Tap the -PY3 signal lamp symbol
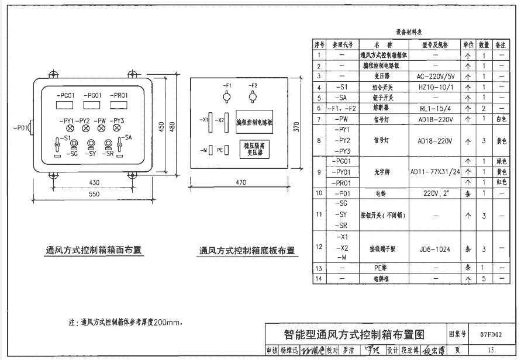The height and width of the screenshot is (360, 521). (x=120, y=127)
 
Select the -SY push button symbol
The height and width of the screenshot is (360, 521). (x=91, y=143)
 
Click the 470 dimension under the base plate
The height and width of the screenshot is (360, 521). (x=240, y=183)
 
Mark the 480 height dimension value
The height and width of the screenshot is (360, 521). (x=171, y=127)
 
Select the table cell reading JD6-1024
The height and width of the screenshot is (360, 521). (x=434, y=249)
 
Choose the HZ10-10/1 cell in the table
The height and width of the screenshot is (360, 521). (x=434, y=86)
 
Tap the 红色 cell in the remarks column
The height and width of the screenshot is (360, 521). (x=501, y=182)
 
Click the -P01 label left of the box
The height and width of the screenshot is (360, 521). (x=20, y=127)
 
